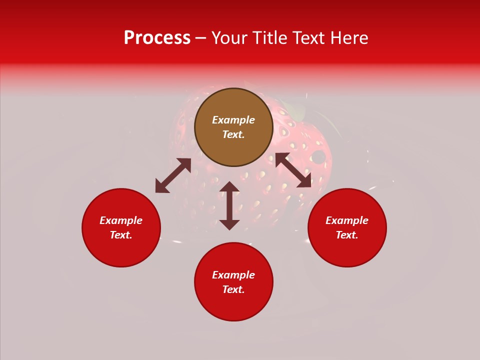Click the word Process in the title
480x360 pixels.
pos(157,38)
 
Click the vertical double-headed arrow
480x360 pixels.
pos(229,205)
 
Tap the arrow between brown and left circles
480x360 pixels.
pos(173,175)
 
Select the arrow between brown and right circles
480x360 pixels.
pos(293,170)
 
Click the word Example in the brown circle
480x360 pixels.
pos(233,120)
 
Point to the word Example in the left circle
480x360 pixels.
pos(121,220)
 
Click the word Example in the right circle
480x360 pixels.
pos(347,220)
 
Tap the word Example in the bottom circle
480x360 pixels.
pos(233,275)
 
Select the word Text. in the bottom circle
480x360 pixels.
pos(233,289)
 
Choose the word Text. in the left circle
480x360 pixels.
pos(121,235)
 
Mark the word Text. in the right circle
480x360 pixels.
pos(347,235)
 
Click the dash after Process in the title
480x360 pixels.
pos(201,38)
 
